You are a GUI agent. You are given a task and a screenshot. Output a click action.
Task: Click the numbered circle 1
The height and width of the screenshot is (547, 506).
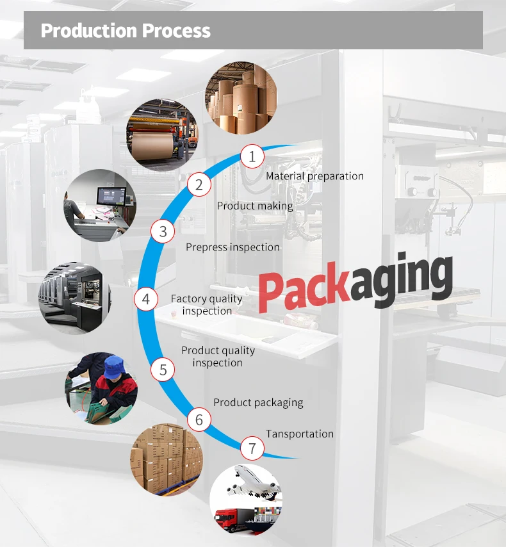(x=252, y=156)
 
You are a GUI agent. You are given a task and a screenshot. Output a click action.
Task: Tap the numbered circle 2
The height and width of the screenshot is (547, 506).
(x=199, y=185)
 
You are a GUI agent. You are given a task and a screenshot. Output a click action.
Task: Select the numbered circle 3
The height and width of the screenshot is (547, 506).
(x=163, y=231)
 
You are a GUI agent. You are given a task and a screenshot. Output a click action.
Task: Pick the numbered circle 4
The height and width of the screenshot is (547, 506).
(x=146, y=299)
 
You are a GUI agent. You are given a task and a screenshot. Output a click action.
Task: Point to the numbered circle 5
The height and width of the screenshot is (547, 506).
(x=163, y=370)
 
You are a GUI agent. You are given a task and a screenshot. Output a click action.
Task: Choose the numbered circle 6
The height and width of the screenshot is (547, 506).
(x=199, y=420)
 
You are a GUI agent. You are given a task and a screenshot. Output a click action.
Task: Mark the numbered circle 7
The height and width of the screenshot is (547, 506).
(x=252, y=448)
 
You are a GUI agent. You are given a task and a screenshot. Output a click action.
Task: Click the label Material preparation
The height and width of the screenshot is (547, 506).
(x=314, y=176)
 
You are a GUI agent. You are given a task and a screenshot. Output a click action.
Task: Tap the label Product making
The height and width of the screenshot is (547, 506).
(x=255, y=206)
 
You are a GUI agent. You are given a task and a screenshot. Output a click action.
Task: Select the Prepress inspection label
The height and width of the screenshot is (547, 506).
(x=233, y=247)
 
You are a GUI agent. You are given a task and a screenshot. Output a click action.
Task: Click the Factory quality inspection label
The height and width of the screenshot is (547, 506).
(x=207, y=305)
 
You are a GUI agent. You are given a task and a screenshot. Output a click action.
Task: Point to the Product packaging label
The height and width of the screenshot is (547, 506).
(x=258, y=403)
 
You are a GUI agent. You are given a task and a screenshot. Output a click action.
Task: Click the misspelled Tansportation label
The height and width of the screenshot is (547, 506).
(x=300, y=434)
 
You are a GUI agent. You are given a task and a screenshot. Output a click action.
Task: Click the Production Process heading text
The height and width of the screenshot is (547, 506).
(x=126, y=31)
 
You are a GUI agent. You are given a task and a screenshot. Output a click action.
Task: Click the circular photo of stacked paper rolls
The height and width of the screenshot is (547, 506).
(x=241, y=98)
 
